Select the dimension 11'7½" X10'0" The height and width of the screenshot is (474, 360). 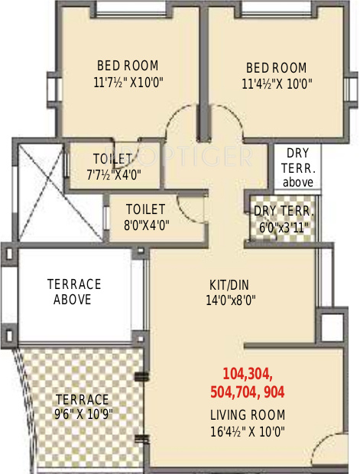[128, 82]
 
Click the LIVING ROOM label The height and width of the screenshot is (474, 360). [248, 415]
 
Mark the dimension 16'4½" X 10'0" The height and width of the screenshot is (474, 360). [248, 432]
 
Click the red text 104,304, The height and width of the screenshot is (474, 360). [247, 374]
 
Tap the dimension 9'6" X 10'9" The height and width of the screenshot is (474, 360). [82, 415]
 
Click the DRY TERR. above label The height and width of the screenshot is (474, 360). [297, 167]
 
